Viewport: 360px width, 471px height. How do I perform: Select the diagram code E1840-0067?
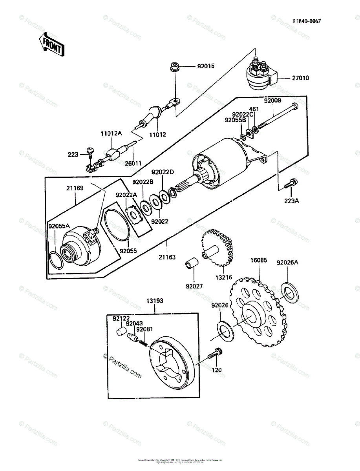306,21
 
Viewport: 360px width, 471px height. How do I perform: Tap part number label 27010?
300,78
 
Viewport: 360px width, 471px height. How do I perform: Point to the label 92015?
205,67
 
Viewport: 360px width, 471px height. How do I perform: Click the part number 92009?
272,100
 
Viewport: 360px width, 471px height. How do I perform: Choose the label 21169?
75,188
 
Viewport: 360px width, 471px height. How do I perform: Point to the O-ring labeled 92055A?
57,261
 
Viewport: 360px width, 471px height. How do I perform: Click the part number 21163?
167,257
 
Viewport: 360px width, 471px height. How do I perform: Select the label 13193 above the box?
155,301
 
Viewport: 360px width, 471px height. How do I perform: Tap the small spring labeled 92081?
144,343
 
